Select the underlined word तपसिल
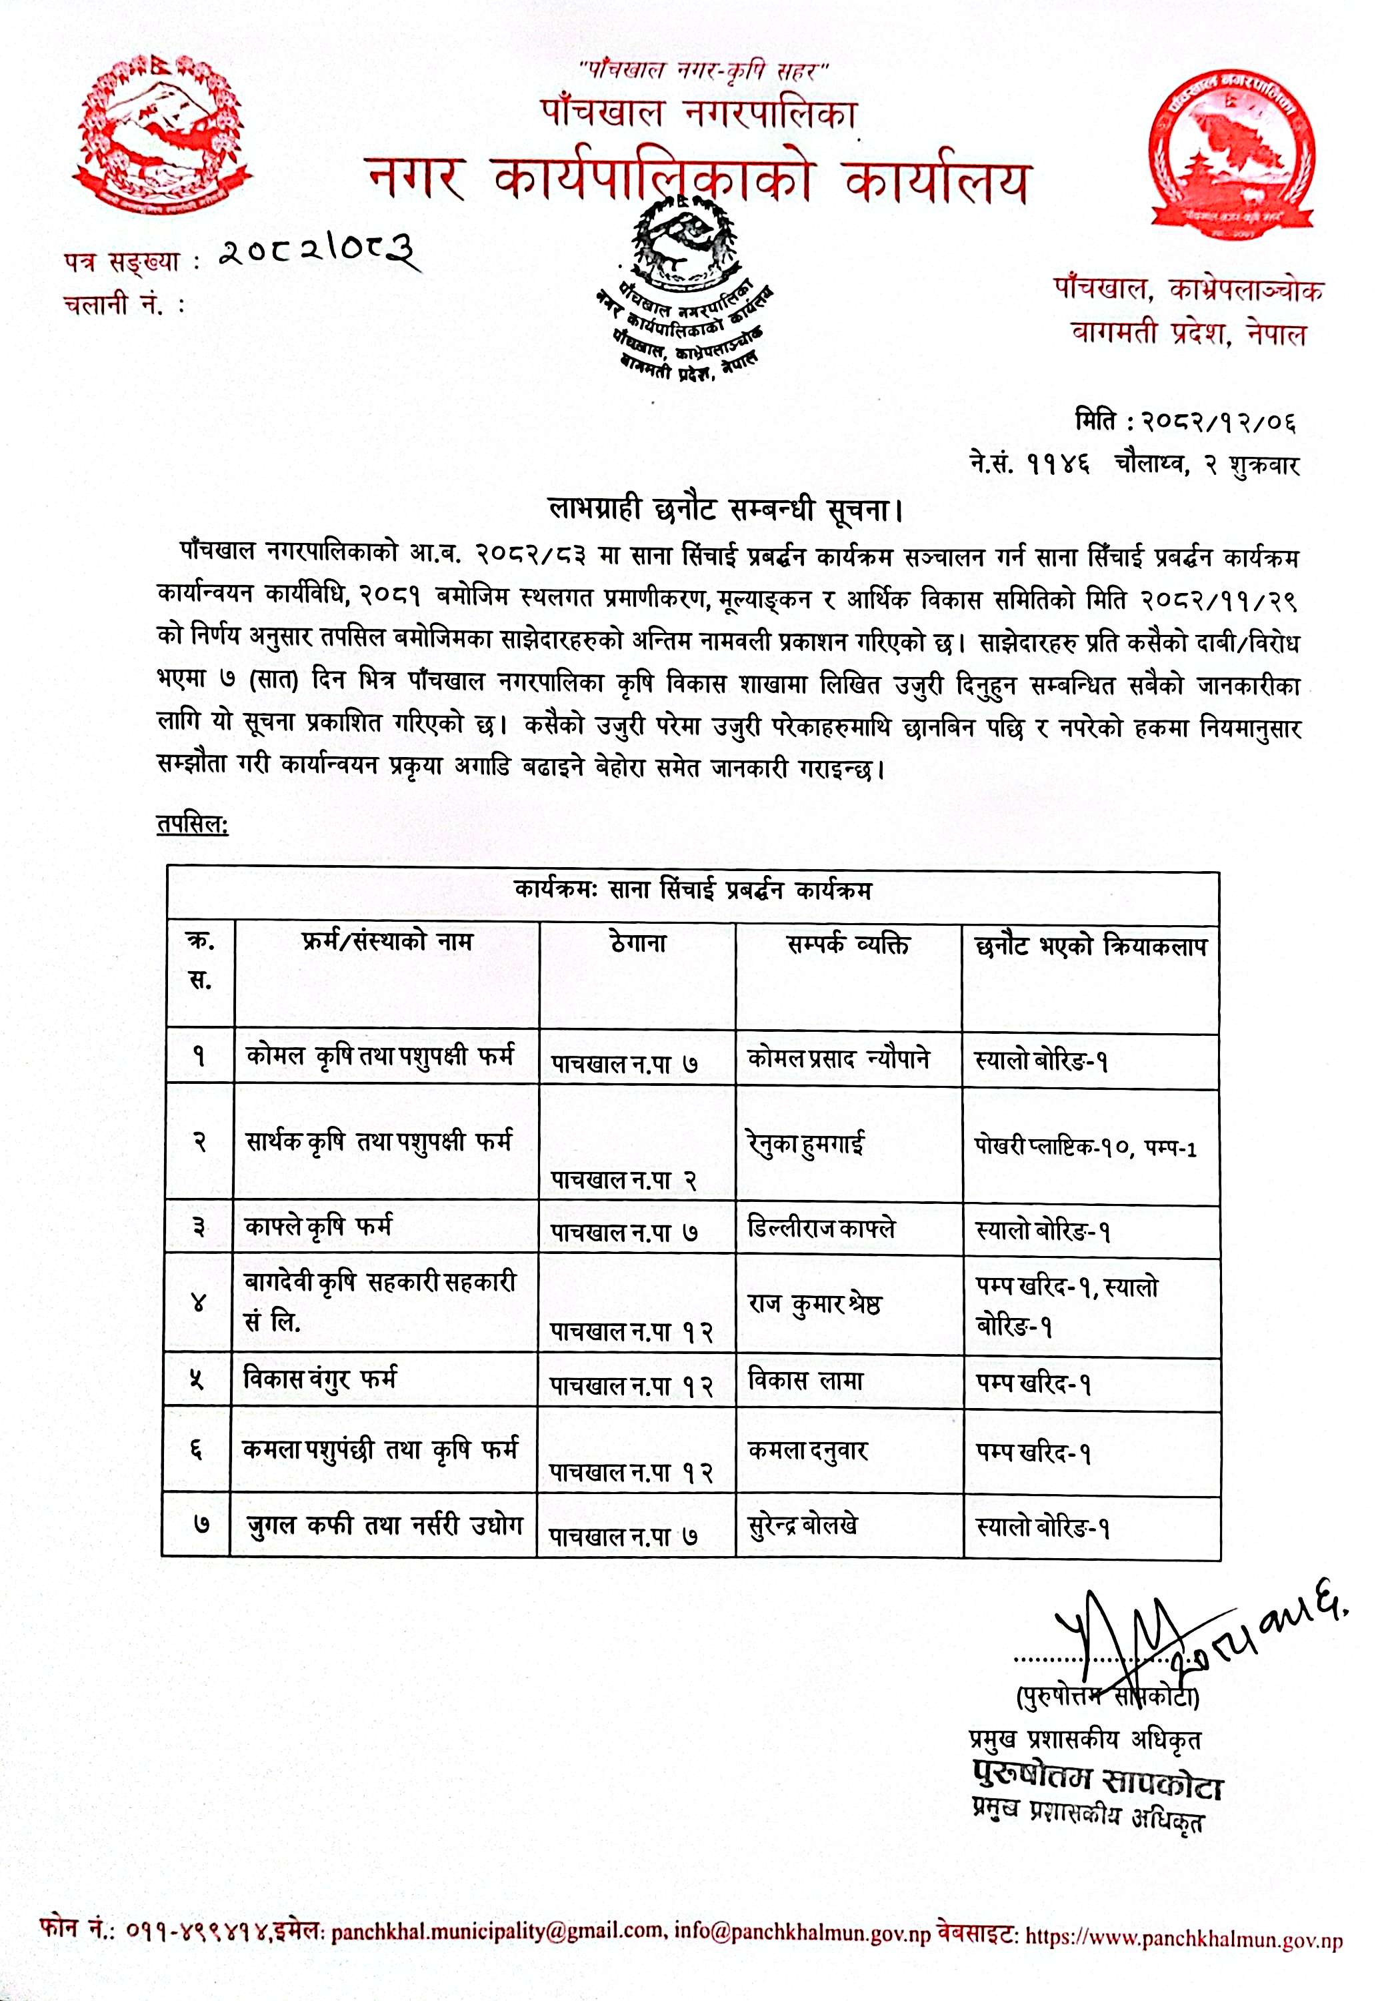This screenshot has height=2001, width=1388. point(192,823)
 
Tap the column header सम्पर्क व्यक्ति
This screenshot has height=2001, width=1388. point(848,944)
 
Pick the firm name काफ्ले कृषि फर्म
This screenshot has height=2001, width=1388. point(318,1227)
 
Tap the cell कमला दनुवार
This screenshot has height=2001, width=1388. point(808,1450)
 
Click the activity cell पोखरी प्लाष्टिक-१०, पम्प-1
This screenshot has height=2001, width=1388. point(1085,1149)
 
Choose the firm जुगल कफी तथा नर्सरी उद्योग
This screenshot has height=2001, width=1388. point(383,1526)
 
